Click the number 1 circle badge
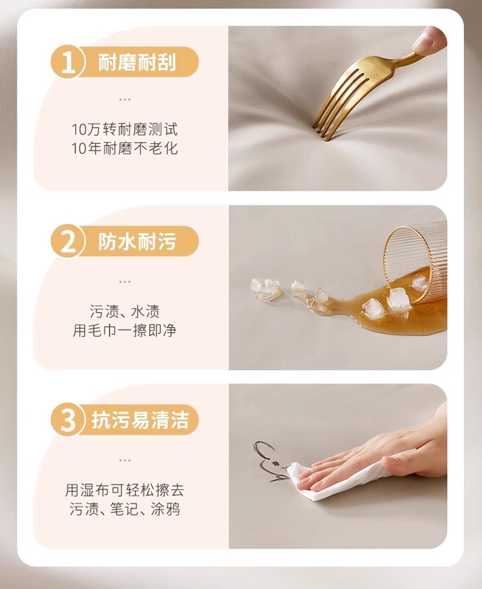click(x=68, y=62)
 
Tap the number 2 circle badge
click(x=68, y=242)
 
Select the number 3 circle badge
click(x=68, y=419)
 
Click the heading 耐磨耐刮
click(x=137, y=62)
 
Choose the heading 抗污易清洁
click(x=140, y=419)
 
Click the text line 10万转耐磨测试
click(x=125, y=129)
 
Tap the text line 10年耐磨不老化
click(x=125, y=148)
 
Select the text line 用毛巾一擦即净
click(x=125, y=330)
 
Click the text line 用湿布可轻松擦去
click(x=125, y=490)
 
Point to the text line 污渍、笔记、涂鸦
click(x=125, y=509)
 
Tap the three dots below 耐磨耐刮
click(x=125, y=100)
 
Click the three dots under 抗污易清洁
click(x=125, y=460)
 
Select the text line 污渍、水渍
click(x=125, y=312)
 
